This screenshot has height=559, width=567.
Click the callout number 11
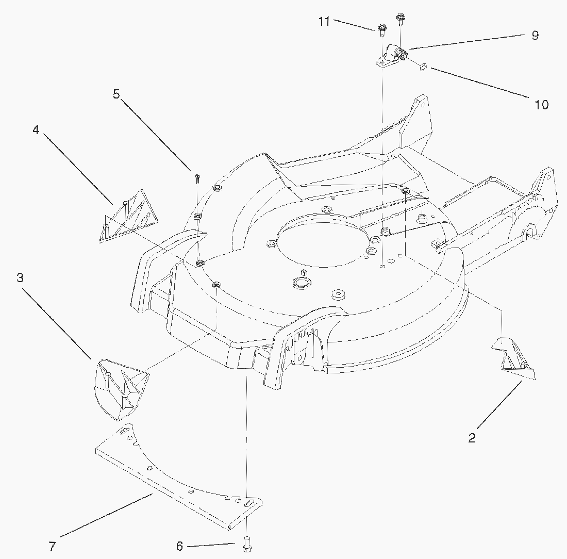324,22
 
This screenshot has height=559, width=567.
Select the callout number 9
535,36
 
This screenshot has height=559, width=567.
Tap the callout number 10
541,105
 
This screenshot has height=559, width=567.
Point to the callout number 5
116,94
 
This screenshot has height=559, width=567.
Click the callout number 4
36,129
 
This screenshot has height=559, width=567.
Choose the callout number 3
20,277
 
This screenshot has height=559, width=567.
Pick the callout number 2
472,438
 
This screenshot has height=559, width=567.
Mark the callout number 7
52,546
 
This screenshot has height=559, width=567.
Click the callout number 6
180,546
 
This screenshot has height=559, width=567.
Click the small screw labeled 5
197,177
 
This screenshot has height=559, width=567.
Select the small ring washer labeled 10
424,67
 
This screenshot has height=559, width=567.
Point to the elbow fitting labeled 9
393,55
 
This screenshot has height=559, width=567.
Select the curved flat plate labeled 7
179,476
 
